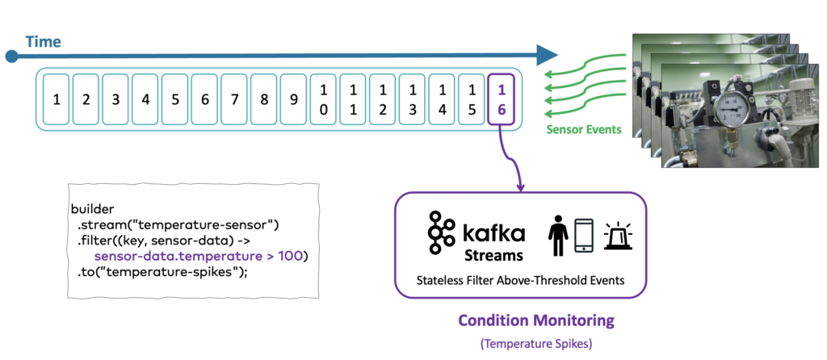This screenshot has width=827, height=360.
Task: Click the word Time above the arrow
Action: point(43,41)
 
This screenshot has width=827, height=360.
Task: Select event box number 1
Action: point(56,99)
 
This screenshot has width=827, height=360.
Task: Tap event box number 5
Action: point(174,99)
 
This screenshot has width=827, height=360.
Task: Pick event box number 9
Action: point(293,99)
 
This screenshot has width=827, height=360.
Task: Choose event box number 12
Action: point(383,99)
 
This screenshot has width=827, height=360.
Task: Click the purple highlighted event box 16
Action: point(501,99)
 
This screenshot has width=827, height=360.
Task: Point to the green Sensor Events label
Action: point(584,129)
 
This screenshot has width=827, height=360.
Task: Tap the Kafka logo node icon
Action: point(442,233)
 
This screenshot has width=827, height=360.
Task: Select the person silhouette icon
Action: point(558,235)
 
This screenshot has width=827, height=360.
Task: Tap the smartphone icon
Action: point(584,235)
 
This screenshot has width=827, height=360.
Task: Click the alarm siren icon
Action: point(617,234)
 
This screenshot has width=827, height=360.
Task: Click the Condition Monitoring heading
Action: point(536,320)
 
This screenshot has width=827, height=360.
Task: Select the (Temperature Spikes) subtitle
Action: point(536,344)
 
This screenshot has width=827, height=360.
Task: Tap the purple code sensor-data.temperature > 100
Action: point(207,255)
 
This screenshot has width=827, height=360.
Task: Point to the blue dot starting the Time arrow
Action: point(11,56)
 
